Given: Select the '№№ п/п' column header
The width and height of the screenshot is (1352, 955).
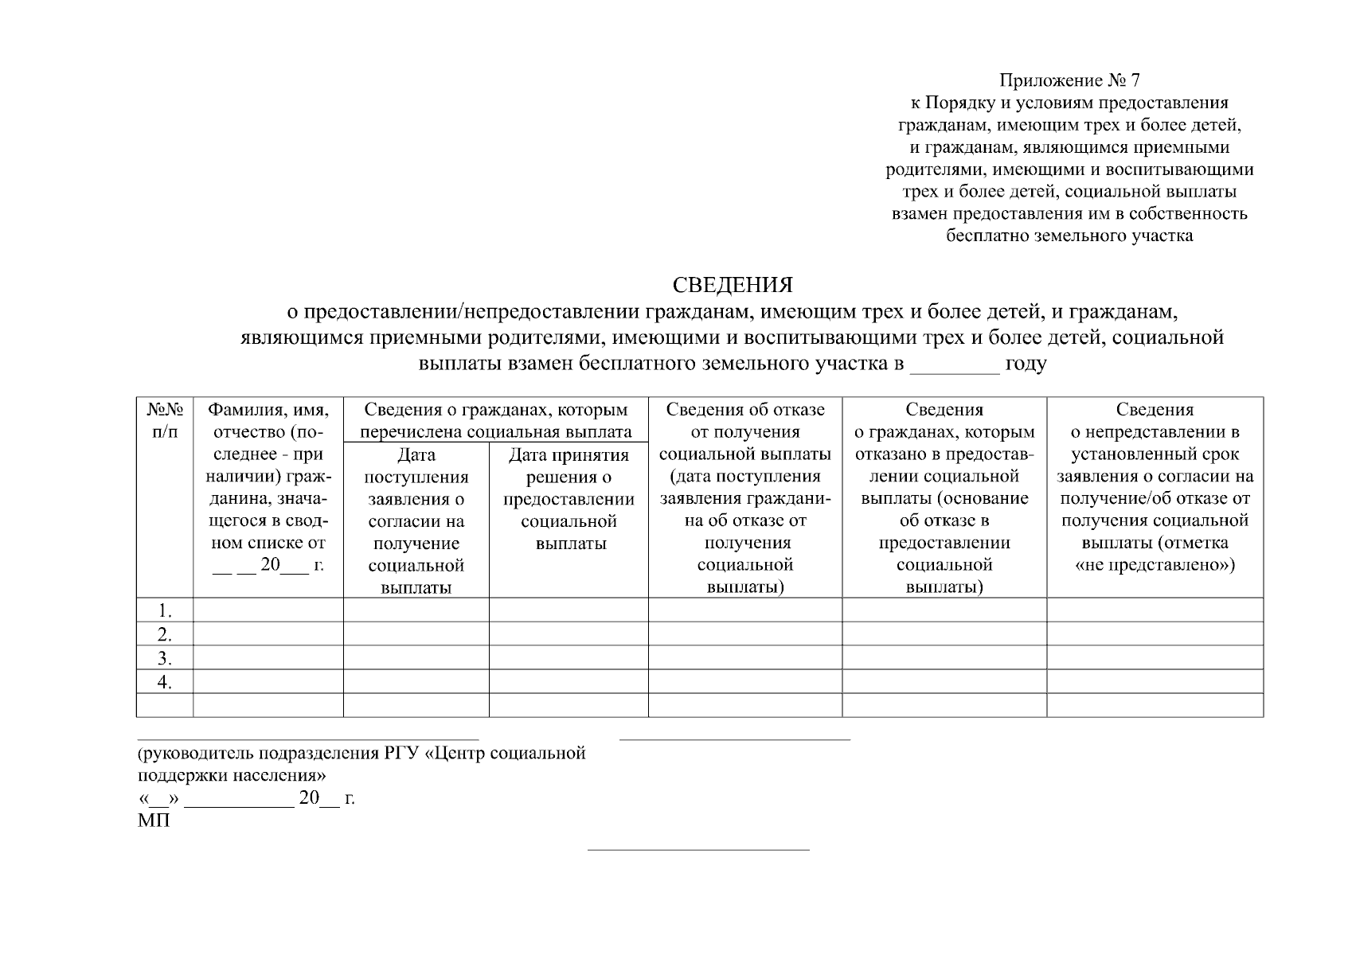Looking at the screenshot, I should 165,420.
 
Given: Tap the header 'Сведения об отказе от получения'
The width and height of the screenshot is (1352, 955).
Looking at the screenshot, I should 744,420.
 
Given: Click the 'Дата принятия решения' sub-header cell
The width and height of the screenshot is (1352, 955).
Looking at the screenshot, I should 569,499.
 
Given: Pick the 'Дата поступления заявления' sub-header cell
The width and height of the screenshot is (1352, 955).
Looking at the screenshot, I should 416,520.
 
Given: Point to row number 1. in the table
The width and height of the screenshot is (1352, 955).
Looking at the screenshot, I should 165,610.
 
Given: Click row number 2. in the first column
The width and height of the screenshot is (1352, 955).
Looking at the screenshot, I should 165,634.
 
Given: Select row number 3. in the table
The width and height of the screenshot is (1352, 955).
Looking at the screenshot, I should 165,658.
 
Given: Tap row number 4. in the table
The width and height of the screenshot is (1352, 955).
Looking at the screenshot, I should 165,682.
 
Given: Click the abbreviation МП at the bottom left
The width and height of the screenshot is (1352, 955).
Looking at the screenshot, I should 154,821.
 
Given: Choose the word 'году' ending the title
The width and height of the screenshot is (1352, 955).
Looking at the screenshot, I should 1026,364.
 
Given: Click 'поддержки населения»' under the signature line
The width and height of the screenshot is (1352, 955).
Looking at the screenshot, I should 232,775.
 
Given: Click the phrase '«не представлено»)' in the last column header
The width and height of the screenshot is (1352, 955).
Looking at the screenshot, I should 1155,565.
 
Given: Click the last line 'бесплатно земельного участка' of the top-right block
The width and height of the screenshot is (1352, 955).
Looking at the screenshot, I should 1069,236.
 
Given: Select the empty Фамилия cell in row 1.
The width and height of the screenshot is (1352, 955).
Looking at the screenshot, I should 268,610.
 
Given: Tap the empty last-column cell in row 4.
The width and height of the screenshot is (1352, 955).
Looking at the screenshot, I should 1155,682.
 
